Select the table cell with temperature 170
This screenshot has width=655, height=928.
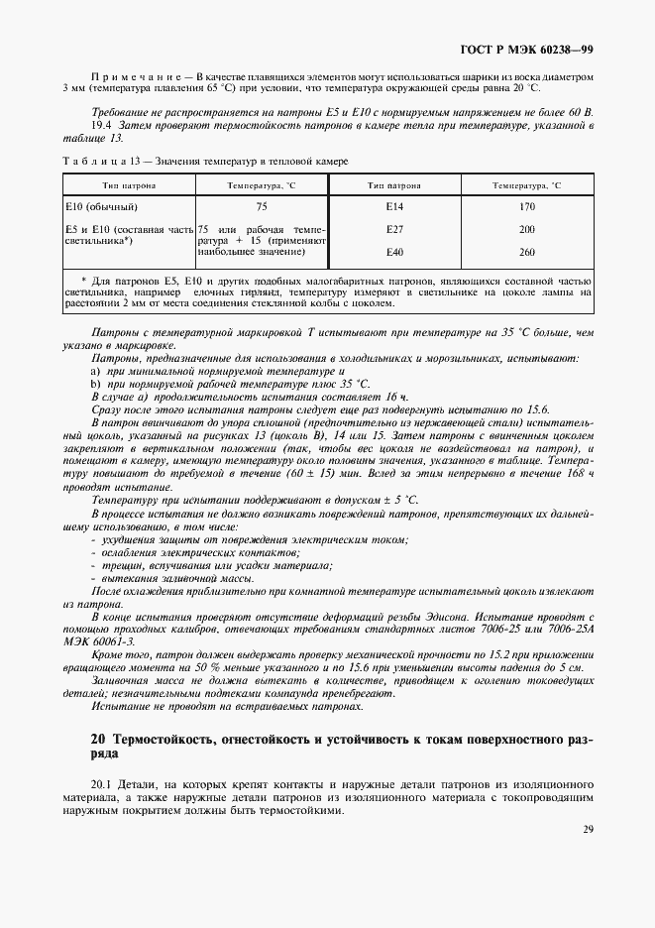[x=526, y=207]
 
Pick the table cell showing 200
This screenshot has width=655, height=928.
[x=526, y=230]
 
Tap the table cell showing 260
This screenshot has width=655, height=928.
[x=526, y=253]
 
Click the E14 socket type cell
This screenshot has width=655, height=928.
[x=394, y=207]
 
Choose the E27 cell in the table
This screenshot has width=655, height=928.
[x=394, y=230]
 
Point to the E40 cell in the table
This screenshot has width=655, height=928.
[x=394, y=253]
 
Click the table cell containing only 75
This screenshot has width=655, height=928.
[x=262, y=207]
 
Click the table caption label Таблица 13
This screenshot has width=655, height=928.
[x=100, y=161]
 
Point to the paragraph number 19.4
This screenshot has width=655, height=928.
[x=102, y=127]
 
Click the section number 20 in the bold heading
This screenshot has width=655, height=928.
[x=98, y=740]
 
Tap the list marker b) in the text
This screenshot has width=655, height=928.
[x=96, y=383]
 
